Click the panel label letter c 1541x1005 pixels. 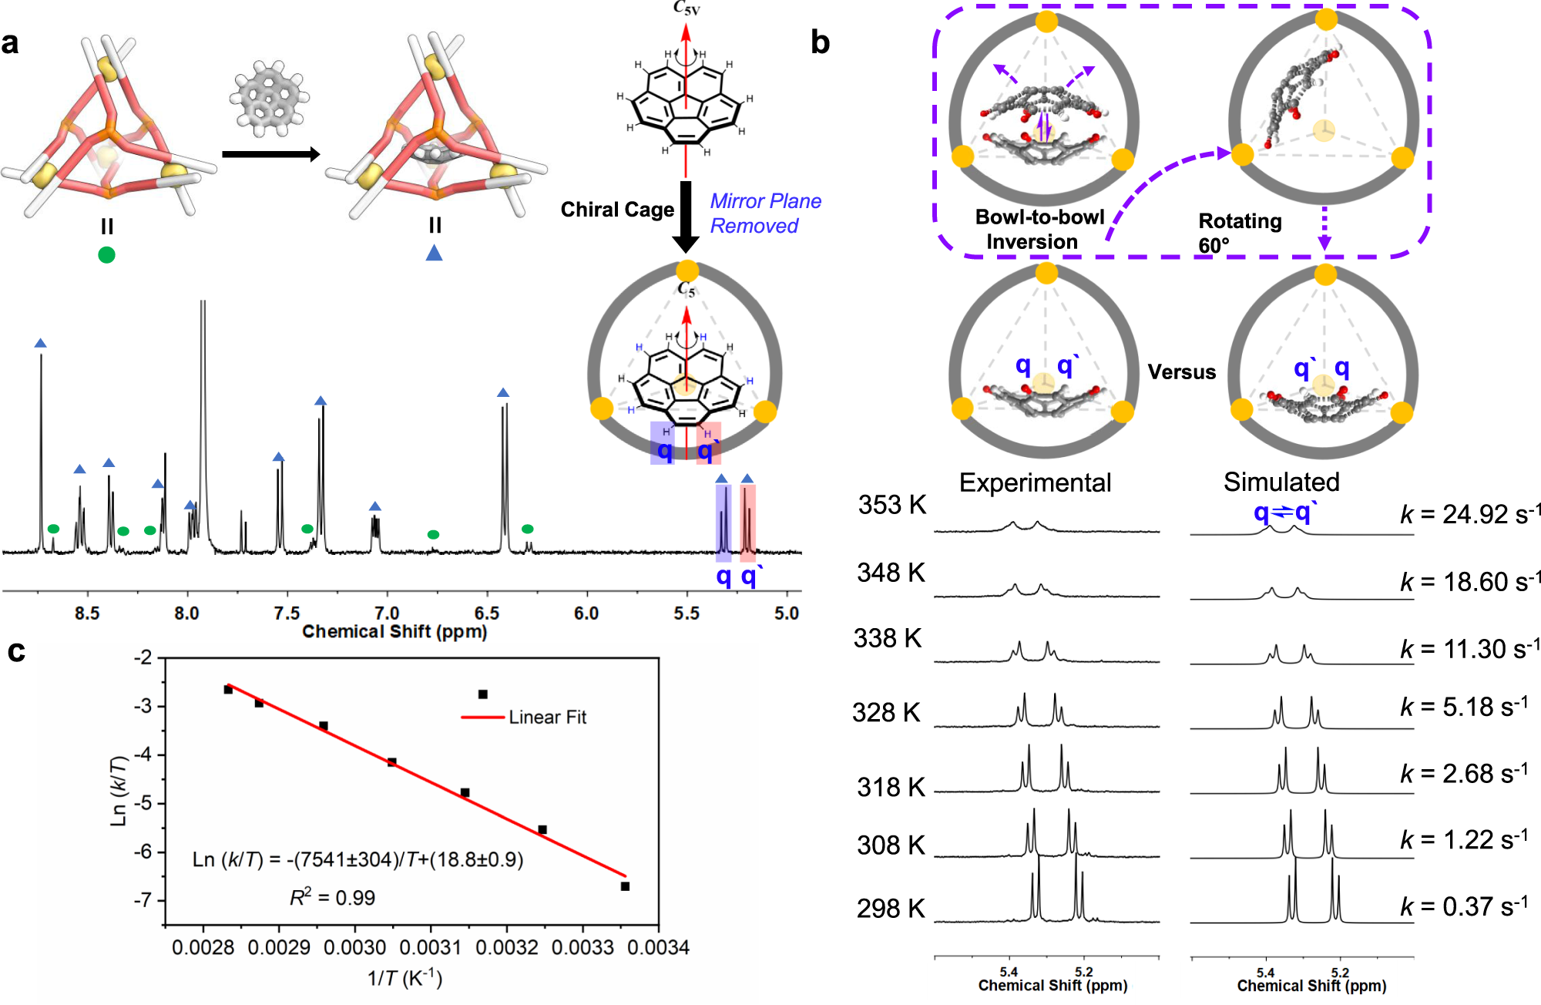(x=16, y=652)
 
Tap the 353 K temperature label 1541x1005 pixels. (x=891, y=506)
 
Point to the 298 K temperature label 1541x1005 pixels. (x=890, y=909)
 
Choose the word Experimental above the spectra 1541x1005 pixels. (x=1035, y=483)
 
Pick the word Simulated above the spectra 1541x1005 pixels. (x=1281, y=482)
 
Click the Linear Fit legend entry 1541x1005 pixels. (x=547, y=718)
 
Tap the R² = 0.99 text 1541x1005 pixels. (x=332, y=898)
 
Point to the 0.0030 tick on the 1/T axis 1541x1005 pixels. (x=354, y=947)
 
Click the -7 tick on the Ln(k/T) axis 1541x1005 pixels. (x=144, y=900)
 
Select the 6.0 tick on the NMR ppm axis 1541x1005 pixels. (x=586, y=613)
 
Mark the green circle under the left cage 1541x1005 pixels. (x=107, y=255)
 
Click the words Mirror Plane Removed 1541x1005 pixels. (x=765, y=213)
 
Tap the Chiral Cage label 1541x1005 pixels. (x=616, y=210)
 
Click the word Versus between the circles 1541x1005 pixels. (x=1181, y=372)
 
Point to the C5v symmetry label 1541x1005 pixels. (x=686, y=8)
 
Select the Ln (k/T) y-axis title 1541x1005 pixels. (x=119, y=791)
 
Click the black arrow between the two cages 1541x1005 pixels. (x=270, y=154)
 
